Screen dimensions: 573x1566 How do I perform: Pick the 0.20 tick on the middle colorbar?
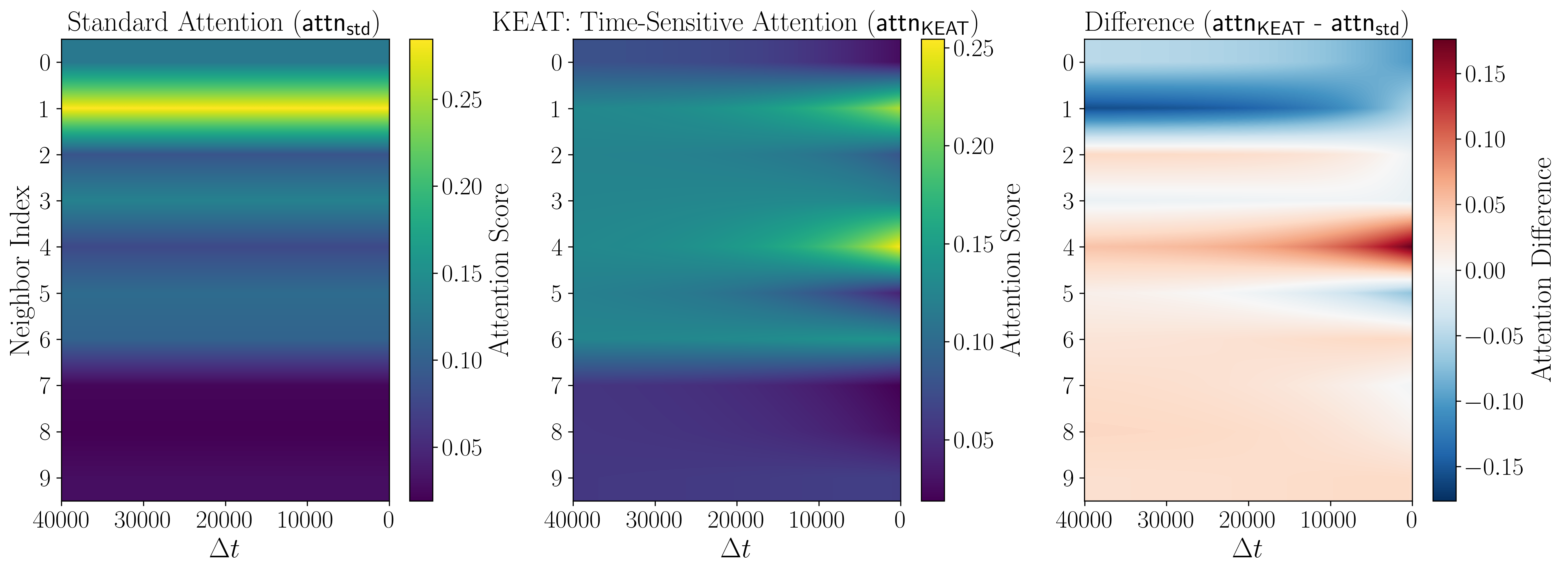click(x=973, y=147)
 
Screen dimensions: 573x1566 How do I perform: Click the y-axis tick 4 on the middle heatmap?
click(x=556, y=247)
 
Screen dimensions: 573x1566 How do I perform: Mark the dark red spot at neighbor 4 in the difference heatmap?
click(x=1403, y=247)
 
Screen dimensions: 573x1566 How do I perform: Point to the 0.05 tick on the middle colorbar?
click(x=973, y=440)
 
